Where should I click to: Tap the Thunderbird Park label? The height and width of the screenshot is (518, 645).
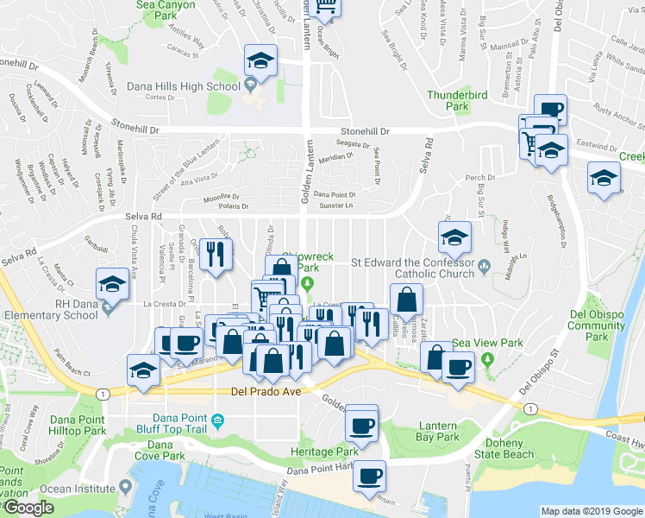[x=460, y=99]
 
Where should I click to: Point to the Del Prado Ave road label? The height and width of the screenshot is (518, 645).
[x=266, y=391]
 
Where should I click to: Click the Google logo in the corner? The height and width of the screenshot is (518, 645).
[x=28, y=508]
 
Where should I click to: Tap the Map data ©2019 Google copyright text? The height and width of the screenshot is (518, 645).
[x=591, y=511]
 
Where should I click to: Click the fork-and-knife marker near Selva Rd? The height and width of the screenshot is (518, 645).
[x=216, y=255]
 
